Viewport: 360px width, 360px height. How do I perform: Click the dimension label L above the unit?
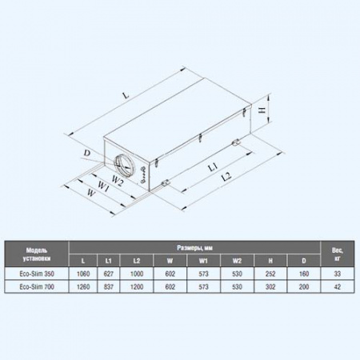pyautogui.click(x=126, y=96)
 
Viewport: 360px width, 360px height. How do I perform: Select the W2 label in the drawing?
pyautogui.click(x=118, y=181)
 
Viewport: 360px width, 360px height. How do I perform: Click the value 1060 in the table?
pyautogui.click(x=82, y=274)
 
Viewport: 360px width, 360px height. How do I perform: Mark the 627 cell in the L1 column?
pyautogui.click(x=108, y=274)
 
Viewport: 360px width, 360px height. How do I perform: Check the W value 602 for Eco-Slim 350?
pyautogui.click(x=170, y=274)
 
